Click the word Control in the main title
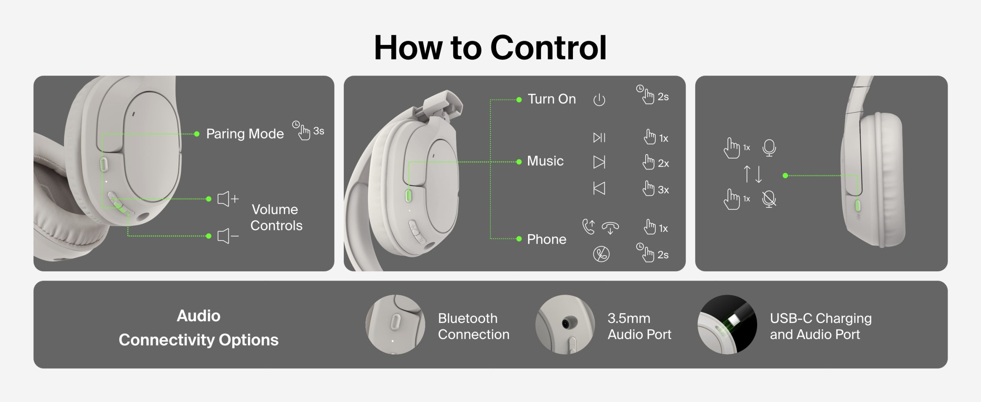(x=548, y=48)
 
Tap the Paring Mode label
(x=245, y=134)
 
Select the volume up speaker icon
(x=228, y=199)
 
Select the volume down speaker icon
(x=228, y=236)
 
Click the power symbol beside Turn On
(x=599, y=100)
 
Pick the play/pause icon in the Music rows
(x=599, y=138)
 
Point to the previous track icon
(x=599, y=188)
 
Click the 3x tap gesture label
(x=656, y=189)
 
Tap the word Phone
(x=546, y=239)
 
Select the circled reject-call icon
(x=601, y=254)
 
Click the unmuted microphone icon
(x=769, y=148)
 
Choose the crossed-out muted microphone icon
(x=769, y=199)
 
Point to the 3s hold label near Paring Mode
(x=308, y=131)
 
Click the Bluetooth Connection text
(x=474, y=326)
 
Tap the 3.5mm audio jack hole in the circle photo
(x=566, y=324)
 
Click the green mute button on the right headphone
(x=858, y=205)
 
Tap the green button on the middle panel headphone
(x=408, y=195)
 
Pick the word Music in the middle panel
(x=545, y=161)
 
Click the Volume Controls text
(x=276, y=217)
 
